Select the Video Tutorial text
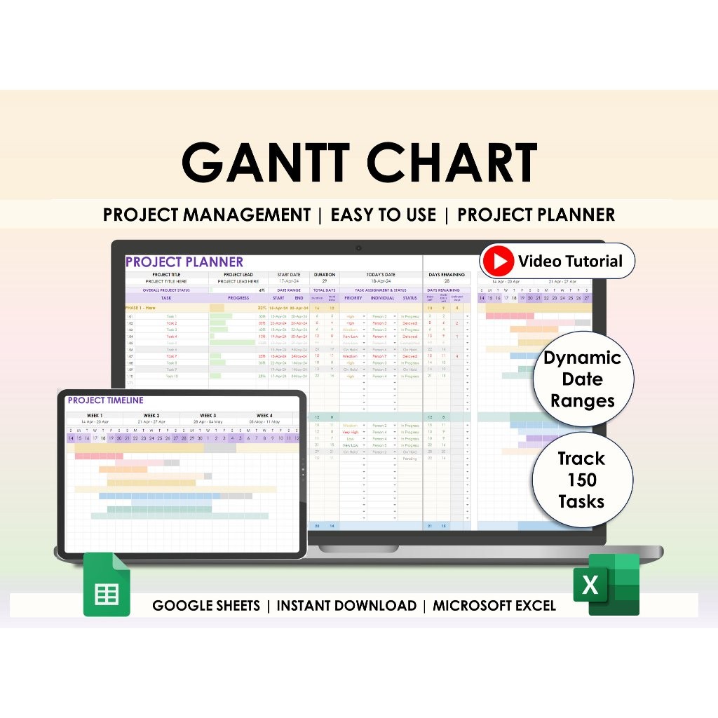pos(570,262)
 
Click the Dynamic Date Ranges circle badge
pos(582,379)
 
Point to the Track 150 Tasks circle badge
pos(581,480)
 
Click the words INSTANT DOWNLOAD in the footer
pos(346,606)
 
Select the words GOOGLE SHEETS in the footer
pos(206,606)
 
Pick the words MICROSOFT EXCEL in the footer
pos(494,606)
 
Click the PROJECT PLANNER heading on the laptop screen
pos(184,262)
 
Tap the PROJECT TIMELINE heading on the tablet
pos(105,400)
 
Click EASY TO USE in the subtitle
pos(383,215)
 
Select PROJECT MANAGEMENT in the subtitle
pos(206,215)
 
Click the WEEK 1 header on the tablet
pos(95,416)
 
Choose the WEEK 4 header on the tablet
pos(265,416)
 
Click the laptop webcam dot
pos(358,248)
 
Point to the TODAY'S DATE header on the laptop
pos(381,275)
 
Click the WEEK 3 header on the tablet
pos(208,416)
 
